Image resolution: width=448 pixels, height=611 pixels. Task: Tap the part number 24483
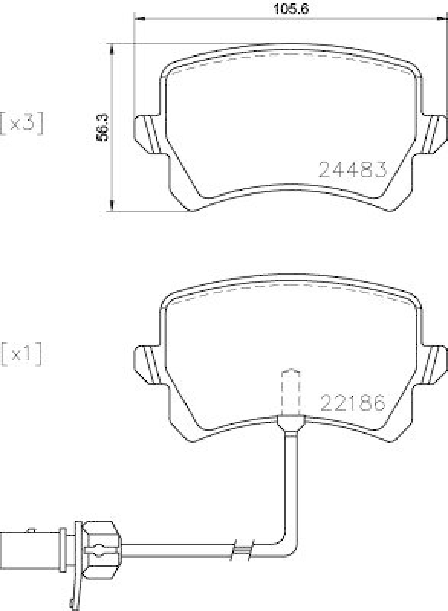tap(352, 170)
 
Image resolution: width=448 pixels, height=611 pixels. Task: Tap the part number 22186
tap(352, 402)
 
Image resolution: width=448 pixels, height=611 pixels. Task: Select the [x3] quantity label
tap(21, 122)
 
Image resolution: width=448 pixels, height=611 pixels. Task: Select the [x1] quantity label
tap(21, 354)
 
